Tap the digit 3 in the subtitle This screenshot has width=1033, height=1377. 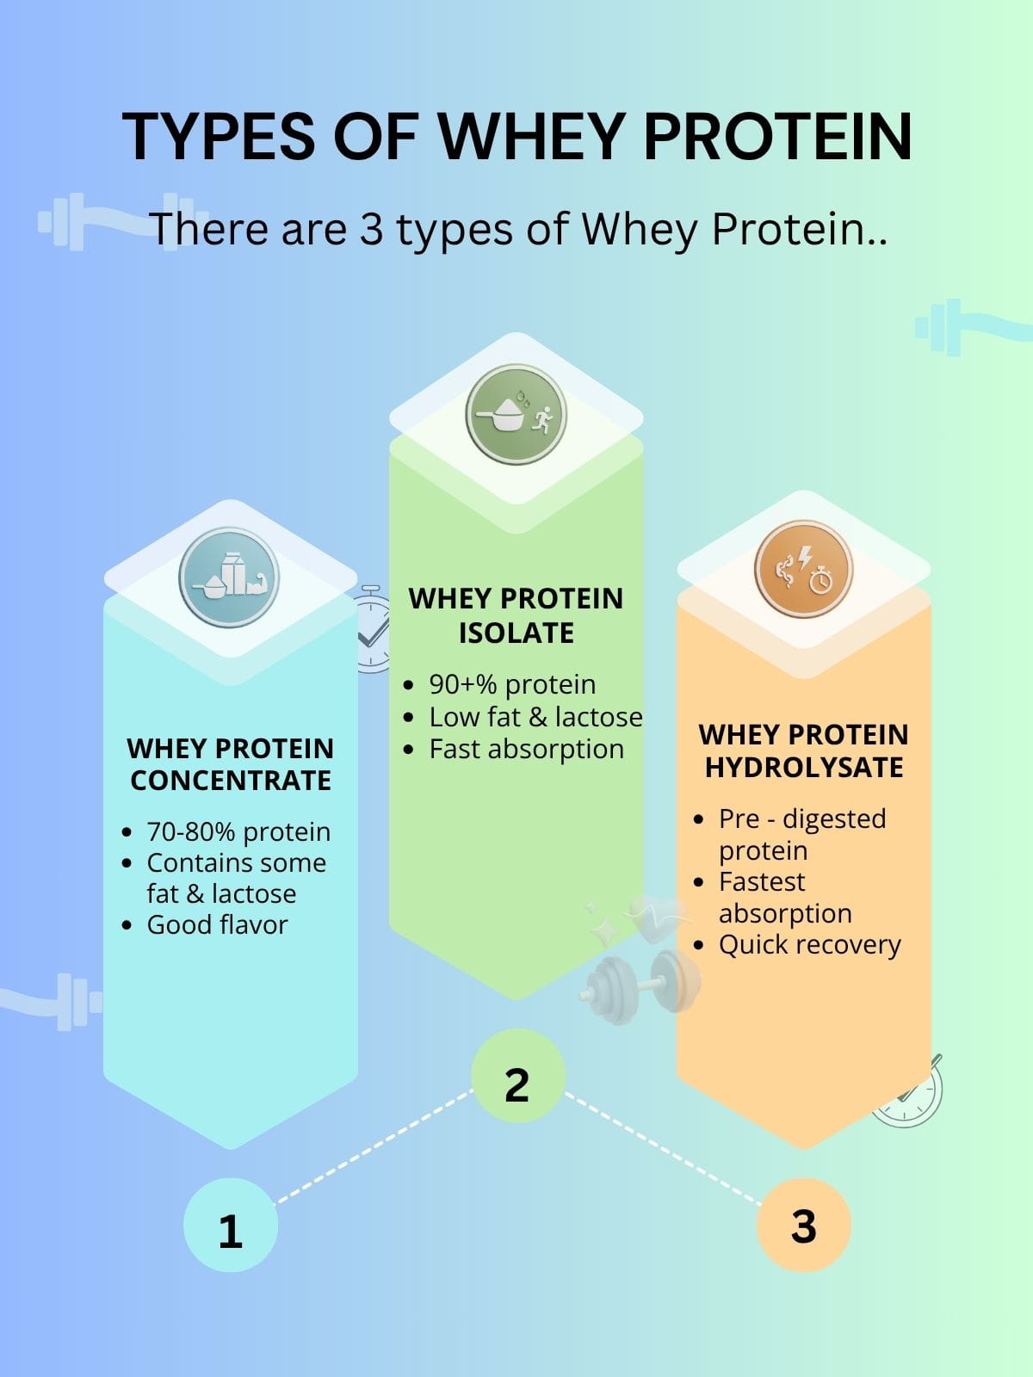pos(371,230)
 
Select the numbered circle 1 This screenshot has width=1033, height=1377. pos(230,1226)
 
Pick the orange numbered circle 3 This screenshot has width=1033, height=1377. pos(803,1226)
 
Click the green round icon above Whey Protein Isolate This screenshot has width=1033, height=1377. pos(516,415)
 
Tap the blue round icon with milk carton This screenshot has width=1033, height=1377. pos(229,577)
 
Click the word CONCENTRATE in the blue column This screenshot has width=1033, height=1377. pos(231,781)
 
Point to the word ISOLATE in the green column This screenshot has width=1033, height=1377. pos(516,633)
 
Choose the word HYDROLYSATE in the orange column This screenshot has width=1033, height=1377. pos(804,768)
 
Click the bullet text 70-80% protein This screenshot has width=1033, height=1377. pos(238,832)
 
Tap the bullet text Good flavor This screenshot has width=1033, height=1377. pos(217,925)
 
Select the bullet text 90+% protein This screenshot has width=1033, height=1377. pos(512,685)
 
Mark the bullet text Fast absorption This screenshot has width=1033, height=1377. pos(526,750)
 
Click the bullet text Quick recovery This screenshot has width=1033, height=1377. pos(809,945)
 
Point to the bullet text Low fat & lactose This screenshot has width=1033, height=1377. pos(535,718)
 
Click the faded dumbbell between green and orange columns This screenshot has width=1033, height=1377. pos(639,981)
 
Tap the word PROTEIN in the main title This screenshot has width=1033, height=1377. pos(777,136)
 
